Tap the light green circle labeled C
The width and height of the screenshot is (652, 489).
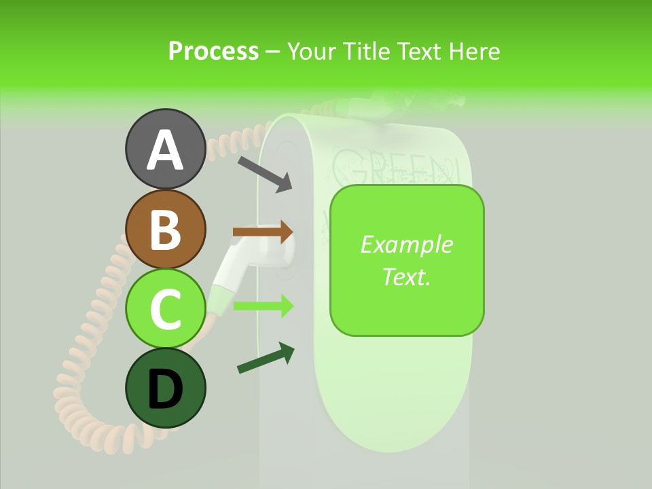[x=165, y=309]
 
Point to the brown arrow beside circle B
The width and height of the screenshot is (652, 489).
[x=263, y=232]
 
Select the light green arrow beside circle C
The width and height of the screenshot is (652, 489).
[x=263, y=306]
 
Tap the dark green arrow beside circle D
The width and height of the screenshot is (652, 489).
[x=266, y=359]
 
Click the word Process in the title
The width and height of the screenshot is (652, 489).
[x=213, y=51]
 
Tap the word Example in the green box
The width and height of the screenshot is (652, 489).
[x=406, y=244]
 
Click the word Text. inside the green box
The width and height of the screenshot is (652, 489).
[x=406, y=276]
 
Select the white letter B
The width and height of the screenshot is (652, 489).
[x=165, y=230]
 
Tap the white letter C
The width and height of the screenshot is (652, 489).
[x=165, y=310]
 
